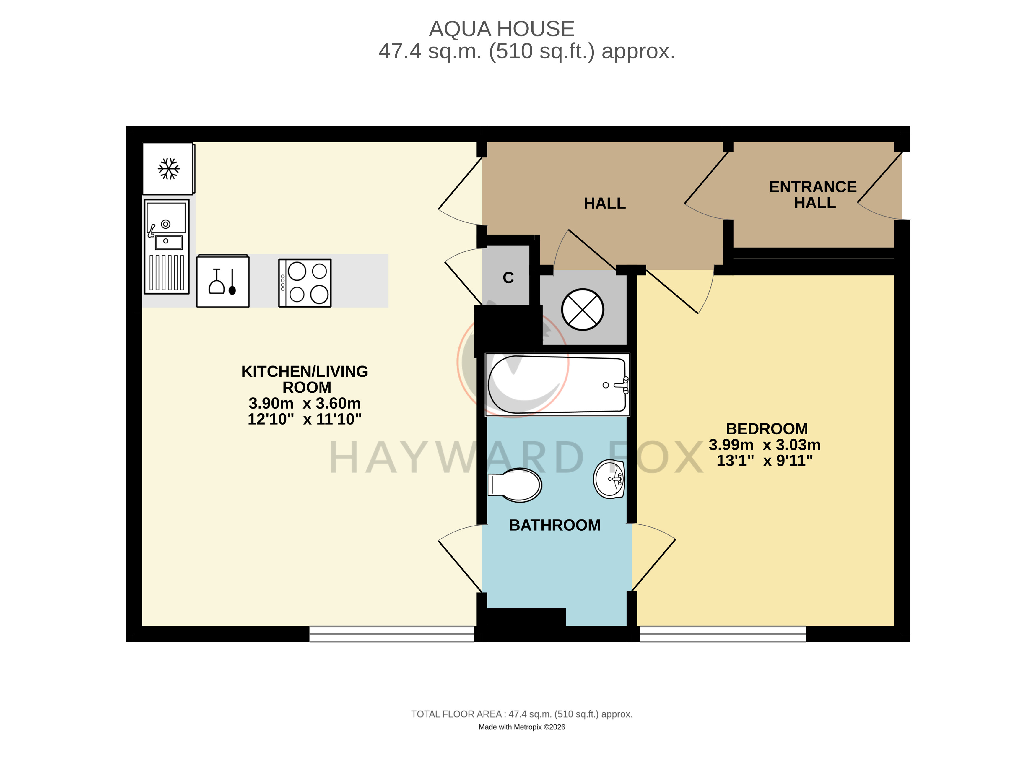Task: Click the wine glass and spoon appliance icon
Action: click(x=223, y=281)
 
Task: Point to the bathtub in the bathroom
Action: click(x=557, y=385)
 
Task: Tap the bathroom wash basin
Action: click(x=609, y=479)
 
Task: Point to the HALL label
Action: click(x=605, y=203)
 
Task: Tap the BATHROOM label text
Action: click(x=555, y=525)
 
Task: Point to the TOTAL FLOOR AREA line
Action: click(x=521, y=714)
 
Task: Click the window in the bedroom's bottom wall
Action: click(x=723, y=634)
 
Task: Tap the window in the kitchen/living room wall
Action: click(x=392, y=634)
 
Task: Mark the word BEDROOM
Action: click(x=767, y=428)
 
